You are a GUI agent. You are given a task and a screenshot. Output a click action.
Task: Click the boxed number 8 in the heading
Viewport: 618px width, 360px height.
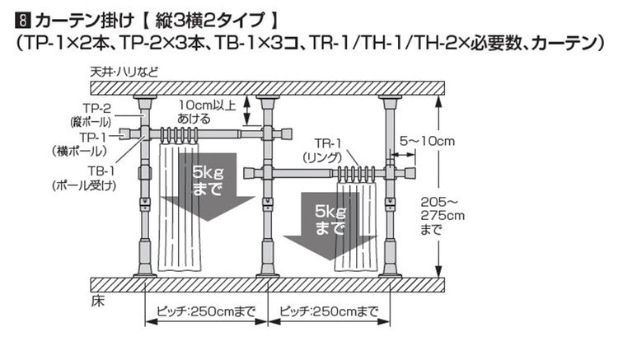click(12, 15)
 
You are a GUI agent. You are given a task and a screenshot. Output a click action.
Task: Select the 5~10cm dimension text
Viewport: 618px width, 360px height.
click(428, 142)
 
